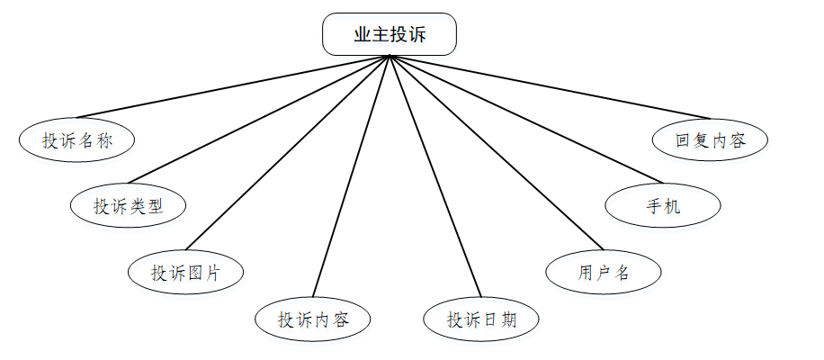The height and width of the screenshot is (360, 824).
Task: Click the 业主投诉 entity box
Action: (x=390, y=35)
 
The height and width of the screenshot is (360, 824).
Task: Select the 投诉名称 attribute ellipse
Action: (x=76, y=139)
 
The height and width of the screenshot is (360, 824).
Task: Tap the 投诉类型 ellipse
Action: (x=129, y=205)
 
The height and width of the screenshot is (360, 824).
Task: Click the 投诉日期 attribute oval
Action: (x=481, y=319)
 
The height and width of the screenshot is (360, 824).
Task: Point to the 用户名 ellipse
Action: (x=604, y=273)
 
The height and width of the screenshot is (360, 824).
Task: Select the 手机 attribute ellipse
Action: (x=663, y=206)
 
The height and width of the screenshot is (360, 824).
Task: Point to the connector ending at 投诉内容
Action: (x=351, y=175)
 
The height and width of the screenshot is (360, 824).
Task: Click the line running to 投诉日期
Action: (x=434, y=175)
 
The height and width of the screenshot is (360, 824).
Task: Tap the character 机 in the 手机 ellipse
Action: (x=672, y=206)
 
